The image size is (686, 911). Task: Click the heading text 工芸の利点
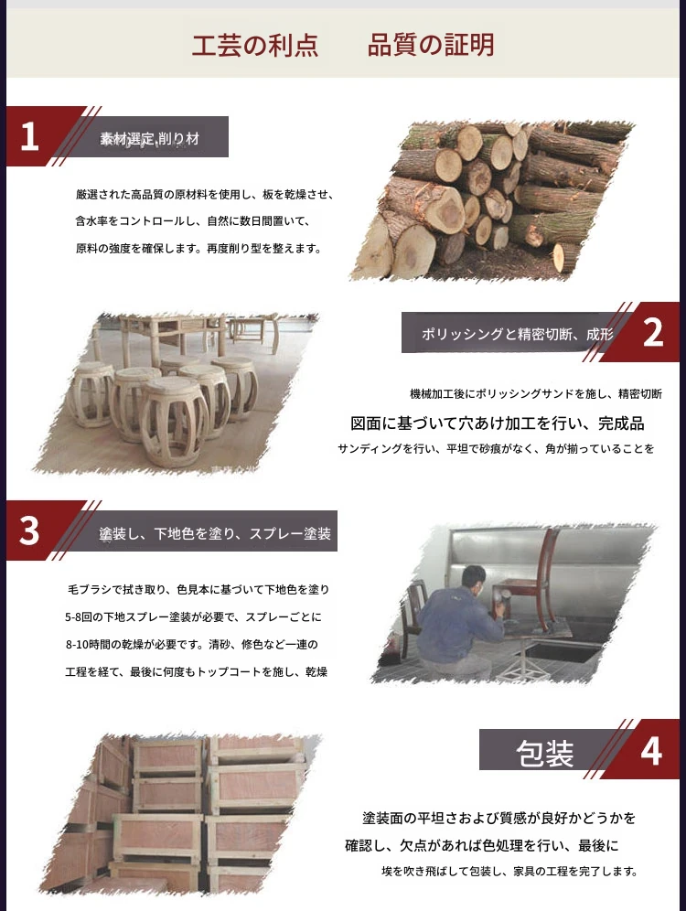(x=255, y=46)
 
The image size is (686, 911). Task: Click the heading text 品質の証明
(x=431, y=46)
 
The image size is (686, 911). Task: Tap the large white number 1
(x=29, y=137)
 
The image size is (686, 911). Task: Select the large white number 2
(x=653, y=333)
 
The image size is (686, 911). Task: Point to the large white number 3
(x=29, y=531)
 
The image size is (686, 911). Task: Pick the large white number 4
(x=651, y=750)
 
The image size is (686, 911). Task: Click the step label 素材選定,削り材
(x=150, y=138)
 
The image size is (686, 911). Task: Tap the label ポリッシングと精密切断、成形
(x=518, y=334)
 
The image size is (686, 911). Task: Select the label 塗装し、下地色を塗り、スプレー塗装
(x=215, y=533)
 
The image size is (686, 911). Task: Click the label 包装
(x=545, y=754)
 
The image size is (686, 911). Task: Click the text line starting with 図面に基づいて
(x=498, y=423)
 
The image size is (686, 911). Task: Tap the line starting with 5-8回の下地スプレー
(x=193, y=617)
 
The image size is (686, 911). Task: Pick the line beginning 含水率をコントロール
(x=193, y=221)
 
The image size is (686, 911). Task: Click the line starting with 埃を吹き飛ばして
(x=509, y=872)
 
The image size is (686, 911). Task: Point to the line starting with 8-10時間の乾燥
(x=192, y=644)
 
